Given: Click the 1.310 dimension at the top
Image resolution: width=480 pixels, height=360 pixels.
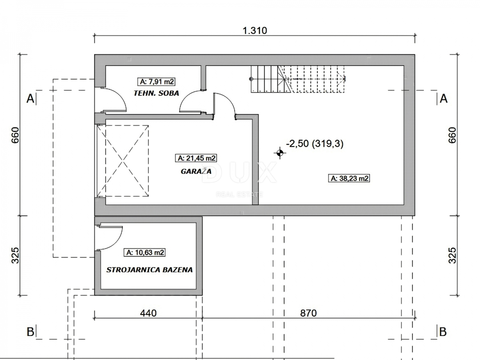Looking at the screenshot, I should click(254, 30).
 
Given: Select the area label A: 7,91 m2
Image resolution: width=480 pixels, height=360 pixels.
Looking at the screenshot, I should click(157, 82).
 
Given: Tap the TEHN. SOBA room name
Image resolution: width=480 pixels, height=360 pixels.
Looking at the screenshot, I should click(156, 93).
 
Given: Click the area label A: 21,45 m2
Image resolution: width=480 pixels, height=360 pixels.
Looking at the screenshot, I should click(196, 158).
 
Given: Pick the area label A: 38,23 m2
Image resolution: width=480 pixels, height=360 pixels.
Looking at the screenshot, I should click(349, 179).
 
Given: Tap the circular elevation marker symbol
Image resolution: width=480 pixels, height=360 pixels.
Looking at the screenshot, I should click(279, 152).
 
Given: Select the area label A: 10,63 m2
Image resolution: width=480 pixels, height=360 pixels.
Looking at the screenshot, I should click(145, 252).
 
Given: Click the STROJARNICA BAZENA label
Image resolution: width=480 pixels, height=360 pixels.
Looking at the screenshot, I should click(149, 270).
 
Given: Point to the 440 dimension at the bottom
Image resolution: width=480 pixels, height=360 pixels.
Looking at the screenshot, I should click(148, 313).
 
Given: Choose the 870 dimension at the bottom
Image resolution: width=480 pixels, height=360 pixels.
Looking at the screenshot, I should click(308, 313).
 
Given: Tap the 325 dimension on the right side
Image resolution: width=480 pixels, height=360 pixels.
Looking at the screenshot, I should click(452, 255).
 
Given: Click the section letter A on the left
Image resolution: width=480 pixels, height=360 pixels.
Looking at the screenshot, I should click(30, 98).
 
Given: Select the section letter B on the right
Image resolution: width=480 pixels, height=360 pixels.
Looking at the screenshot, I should click(443, 332).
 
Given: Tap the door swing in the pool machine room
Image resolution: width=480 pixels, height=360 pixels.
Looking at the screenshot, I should click(109, 237).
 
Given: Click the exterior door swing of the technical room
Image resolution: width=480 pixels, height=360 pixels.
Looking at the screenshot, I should click(114, 100).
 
